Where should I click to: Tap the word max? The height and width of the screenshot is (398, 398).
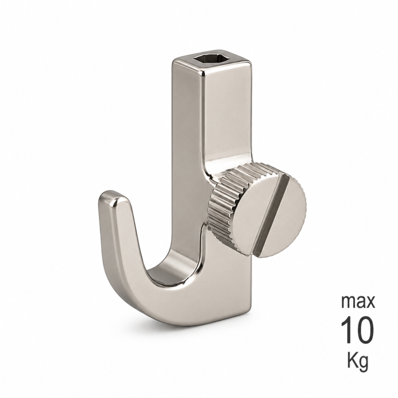pyautogui.click(x=358, y=301)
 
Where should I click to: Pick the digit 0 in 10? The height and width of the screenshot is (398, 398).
pyautogui.click(x=365, y=329)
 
